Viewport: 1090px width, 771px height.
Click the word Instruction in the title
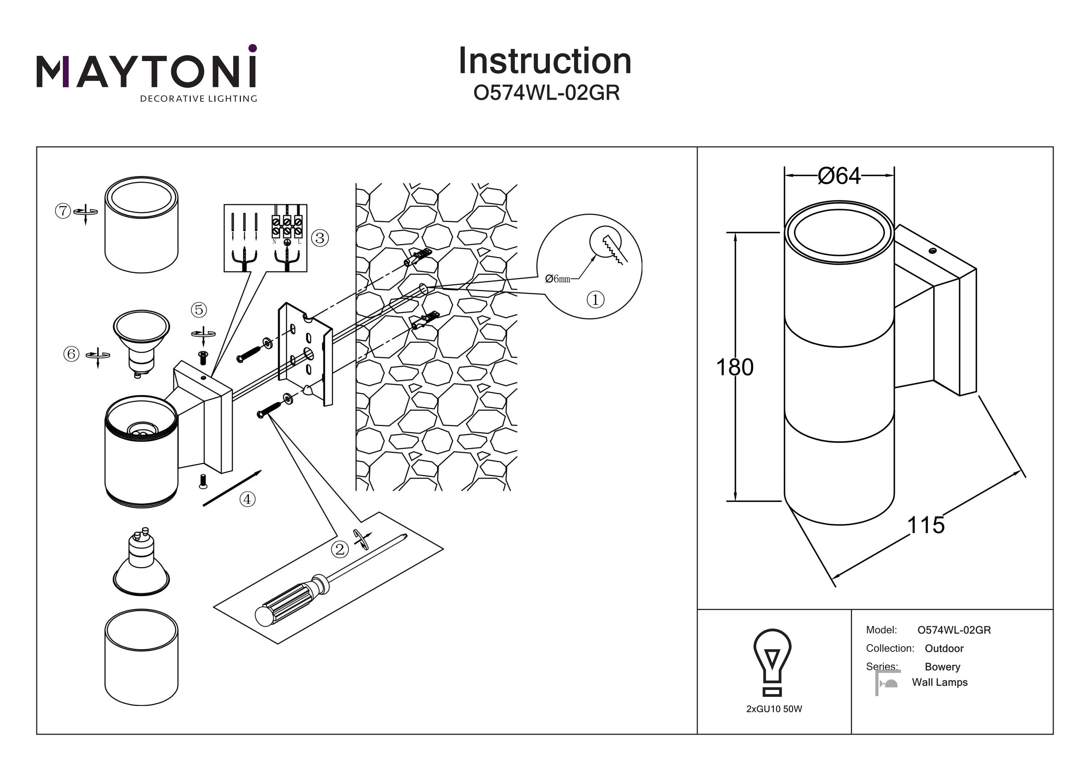pyautogui.click(x=545, y=61)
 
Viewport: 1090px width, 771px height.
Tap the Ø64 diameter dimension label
pyautogui.click(x=839, y=176)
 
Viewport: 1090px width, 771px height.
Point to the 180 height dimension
pyautogui.click(x=734, y=367)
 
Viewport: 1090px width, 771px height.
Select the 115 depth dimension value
pyautogui.click(x=925, y=525)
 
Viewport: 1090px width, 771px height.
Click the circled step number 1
pyautogui.click(x=596, y=300)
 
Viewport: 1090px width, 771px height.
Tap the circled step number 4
pyautogui.click(x=247, y=499)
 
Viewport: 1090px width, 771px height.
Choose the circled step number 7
pyautogui.click(x=62, y=210)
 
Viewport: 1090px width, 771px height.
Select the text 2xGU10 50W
pyautogui.click(x=774, y=709)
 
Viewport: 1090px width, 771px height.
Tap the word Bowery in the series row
pyautogui.click(x=942, y=667)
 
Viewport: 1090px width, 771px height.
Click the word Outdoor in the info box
pyautogui.click(x=944, y=648)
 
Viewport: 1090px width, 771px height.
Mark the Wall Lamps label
pyautogui.click(x=940, y=682)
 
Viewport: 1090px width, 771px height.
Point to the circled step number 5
pyautogui.click(x=199, y=310)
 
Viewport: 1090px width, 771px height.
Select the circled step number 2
pyautogui.click(x=339, y=550)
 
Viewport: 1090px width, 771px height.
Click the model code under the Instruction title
pyautogui.click(x=546, y=93)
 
